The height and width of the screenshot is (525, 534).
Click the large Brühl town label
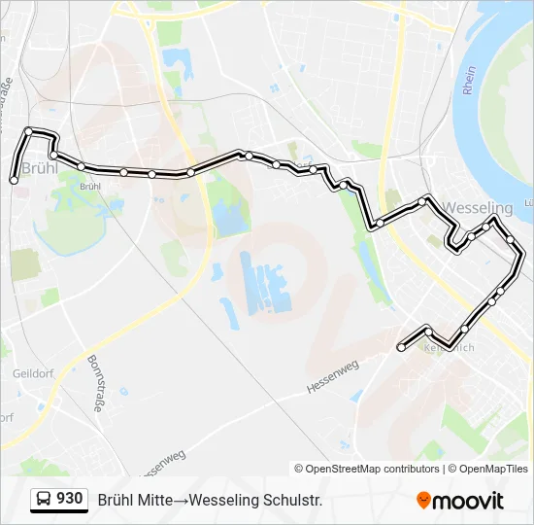click(39, 167)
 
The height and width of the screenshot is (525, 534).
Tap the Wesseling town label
click(477, 208)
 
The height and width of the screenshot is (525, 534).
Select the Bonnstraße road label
click(95, 383)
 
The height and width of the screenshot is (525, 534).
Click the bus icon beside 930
click(44, 500)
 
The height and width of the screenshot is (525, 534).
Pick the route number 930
click(69, 499)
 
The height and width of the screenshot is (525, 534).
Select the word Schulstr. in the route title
click(291, 500)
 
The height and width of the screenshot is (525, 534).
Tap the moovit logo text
click(469, 501)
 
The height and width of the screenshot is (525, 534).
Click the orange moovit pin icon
click(423, 500)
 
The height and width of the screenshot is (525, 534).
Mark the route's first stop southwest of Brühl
click(14, 180)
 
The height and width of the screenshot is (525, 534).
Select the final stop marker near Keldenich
click(401, 347)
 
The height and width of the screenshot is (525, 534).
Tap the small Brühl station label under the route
click(89, 186)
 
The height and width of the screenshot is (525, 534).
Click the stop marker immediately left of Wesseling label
click(422, 200)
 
